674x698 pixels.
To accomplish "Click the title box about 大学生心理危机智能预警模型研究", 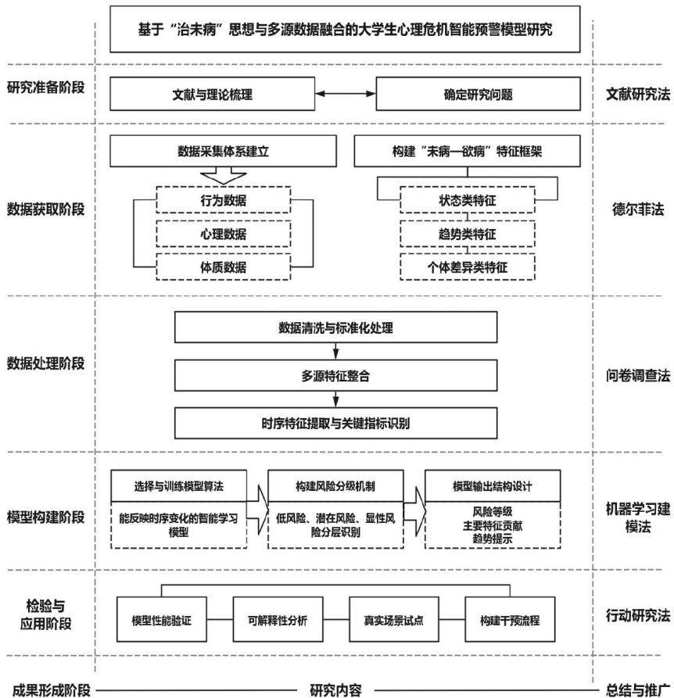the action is pyautogui.click(x=345, y=29).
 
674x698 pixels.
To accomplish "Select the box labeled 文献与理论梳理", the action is pyautogui.click(x=213, y=94).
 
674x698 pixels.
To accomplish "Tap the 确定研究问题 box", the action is pyautogui.click(x=478, y=94).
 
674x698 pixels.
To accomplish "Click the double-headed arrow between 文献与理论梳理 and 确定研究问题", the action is pyautogui.click(x=346, y=94).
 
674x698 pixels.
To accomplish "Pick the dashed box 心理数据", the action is pyautogui.click(x=224, y=234).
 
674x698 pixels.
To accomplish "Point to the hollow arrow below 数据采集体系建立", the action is pyautogui.click(x=224, y=175).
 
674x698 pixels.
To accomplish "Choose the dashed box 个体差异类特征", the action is pyautogui.click(x=468, y=267).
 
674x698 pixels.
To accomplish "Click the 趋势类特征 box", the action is pyautogui.click(x=468, y=234).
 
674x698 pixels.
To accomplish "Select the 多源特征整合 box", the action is pyautogui.click(x=335, y=376).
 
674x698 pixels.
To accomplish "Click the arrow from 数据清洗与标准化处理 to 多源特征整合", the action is pyautogui.click(x=335, y=351).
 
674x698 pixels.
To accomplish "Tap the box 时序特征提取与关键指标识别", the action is pyautogui.click(x=335, y=423).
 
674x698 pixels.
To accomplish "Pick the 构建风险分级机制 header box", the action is pyautogui.click(x=335, y=486).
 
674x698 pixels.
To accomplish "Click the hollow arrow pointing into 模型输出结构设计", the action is pyautogui.click(x=415, y=511).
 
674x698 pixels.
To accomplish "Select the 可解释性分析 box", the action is pyautogui.click(x=278, y=620).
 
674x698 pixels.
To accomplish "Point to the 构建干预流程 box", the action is pyautogui.click(x=510, y=620).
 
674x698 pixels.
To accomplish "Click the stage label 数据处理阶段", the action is pyautogui.click(x=45, y=363).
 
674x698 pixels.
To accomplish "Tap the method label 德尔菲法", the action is pyautogui.click(x=638, y=209).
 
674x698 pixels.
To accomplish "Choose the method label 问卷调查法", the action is pyautogui.click(x=638, y=376).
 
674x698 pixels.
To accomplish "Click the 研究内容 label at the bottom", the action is pyautogui.click(x=335, y=690).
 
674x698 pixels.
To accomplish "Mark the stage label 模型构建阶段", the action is pyautogui.click(x=45, y=517).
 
